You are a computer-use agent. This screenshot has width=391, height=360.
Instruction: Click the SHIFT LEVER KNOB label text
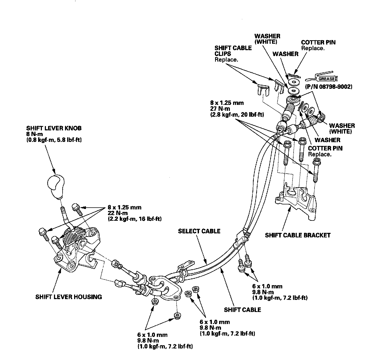(x=54, y=128)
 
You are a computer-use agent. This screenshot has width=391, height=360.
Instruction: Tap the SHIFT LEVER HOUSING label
(x=68, y=297)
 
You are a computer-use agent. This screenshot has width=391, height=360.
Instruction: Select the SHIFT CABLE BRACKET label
(x=298, y=235)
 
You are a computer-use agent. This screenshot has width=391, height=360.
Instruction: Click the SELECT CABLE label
(x=199, y=231)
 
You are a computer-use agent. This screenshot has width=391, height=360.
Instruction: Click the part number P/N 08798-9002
(x=329, y=87)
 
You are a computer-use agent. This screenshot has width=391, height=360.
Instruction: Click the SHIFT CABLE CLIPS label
(x=233, y=51)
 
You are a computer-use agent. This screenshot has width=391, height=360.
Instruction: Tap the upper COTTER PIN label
(x=318, y=42)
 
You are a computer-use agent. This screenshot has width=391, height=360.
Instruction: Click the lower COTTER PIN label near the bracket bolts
(x=325, y=148)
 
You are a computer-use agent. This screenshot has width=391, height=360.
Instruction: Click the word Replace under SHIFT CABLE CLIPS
(x=226, y=60)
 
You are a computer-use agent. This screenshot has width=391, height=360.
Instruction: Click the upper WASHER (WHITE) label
(x=267, y=39)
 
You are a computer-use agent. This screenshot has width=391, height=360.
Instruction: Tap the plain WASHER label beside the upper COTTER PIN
(x=285, y=54)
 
